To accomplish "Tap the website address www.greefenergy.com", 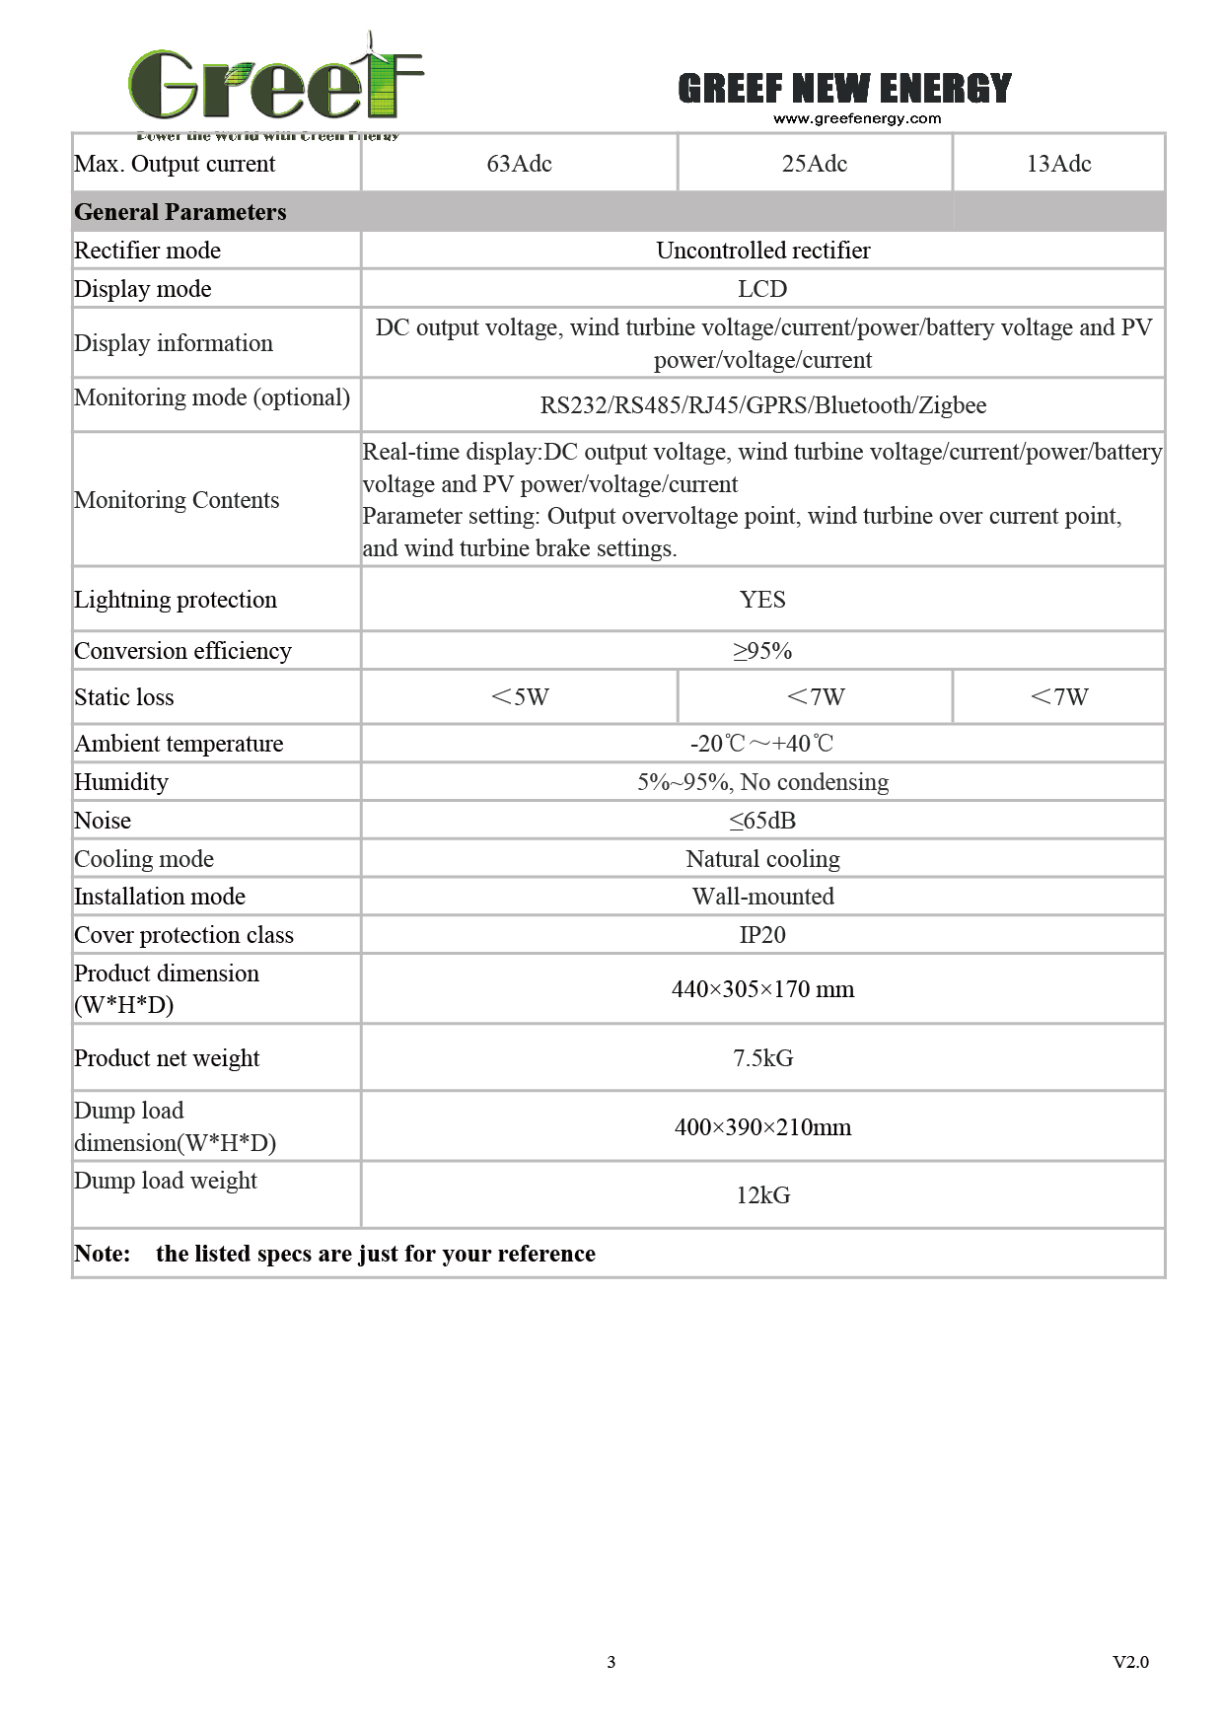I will pyautogui.click(x=856, y=119).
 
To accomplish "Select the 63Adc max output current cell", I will pyautogui.click(x=519, y=164).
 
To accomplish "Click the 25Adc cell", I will pyautogui.click(x=814, y=164).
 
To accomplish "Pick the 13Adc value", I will pyautogui.click(x=1058, y=164).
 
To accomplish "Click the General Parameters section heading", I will pyautogui.click(x=180, y=212).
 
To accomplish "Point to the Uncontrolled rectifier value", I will pyautogui.click(x=762, y=251).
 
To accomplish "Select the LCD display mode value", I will pyautogui.click(x=762, y=289).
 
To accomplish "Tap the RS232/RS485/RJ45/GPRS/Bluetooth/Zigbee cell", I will pyautogui.click(x=762, y=405).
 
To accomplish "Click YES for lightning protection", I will pyautogui.click(x=762, y=600).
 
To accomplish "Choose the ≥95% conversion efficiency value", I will pyautogui.click(x=762, y=651).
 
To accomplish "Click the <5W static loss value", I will pyautogui.click(x=519, y=697).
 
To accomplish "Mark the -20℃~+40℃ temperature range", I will pyautogui.click(x=762, y=744).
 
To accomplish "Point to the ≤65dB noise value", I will pyautogui.click(x=762, y=821).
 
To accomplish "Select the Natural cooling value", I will pyautogui.click(x=762, y=859).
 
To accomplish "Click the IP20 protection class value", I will pyautogui.click(x=762, y=935).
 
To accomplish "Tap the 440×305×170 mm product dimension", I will pyautogui.click(x=762, y=989).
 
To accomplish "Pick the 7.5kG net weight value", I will pyautogui.click(x=762, y=1058).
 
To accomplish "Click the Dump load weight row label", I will pyautogui.click(x=166, y=1181).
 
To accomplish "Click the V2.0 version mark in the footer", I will pyautogui.click(x=1130, y=1662).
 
